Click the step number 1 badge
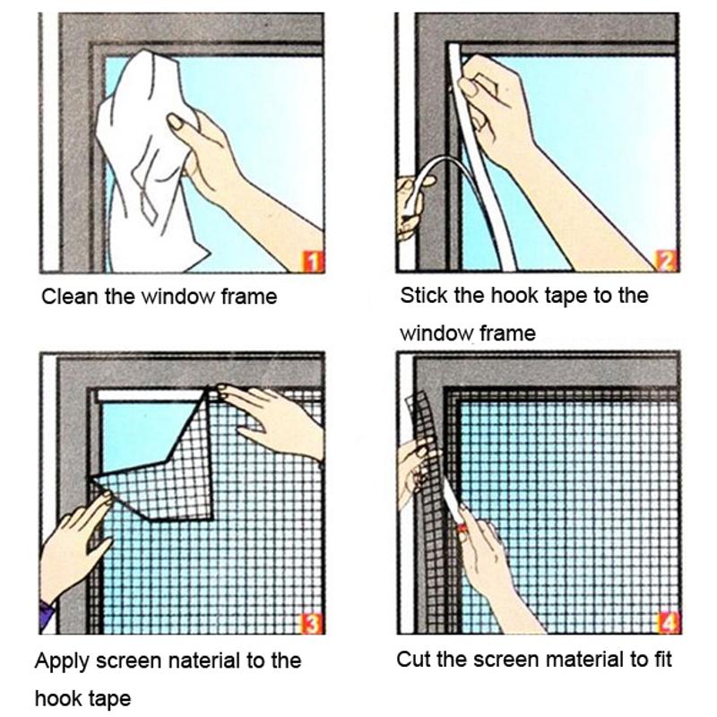click(313, 262)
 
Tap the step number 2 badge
click(667, 261)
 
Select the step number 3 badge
click(311, 623)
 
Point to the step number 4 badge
click(668, 621)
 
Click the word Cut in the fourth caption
click(413, 660)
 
